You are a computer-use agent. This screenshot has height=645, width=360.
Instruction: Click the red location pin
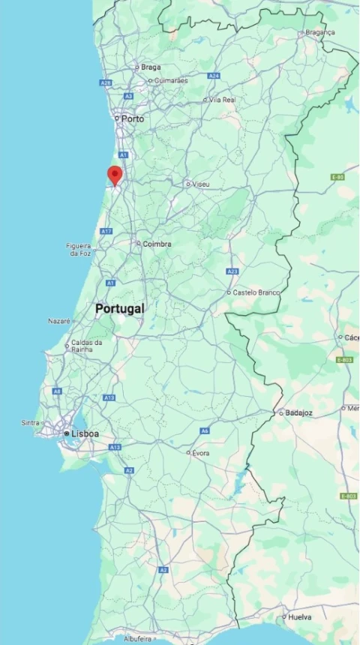click(x=115, y=175)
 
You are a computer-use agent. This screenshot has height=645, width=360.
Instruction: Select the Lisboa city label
click(x=85, y=433)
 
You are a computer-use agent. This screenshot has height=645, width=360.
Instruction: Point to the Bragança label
click(x=320, y=32)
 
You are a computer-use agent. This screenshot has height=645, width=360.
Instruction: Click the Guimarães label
click(x=170, y=80)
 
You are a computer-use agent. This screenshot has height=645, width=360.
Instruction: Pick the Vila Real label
click(x=223, y=99)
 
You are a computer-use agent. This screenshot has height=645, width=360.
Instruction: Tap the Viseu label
click(x=201, y=184)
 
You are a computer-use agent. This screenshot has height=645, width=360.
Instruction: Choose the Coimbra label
click(x=157, y=244)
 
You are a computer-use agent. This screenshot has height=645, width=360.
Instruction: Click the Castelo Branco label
click(x=255, y=292)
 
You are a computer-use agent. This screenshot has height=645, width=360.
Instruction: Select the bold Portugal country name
click(x=120, y=308)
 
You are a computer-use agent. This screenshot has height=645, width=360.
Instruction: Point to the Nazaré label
click(x=58, y=320)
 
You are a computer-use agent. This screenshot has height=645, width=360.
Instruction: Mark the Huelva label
click(x=299, y=617)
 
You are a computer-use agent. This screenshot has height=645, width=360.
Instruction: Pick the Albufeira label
click(x=138, y=639)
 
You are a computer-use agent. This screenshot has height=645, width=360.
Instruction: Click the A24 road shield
click(x=214, y=76)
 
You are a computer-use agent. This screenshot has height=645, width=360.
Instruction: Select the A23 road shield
click(x=232, y=271)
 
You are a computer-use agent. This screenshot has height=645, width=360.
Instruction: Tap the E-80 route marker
click(x=337, y=177)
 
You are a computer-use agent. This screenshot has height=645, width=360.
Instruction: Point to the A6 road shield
click(x=204, y=431)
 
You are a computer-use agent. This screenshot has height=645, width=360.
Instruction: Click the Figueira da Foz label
click(x=79, y=249)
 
